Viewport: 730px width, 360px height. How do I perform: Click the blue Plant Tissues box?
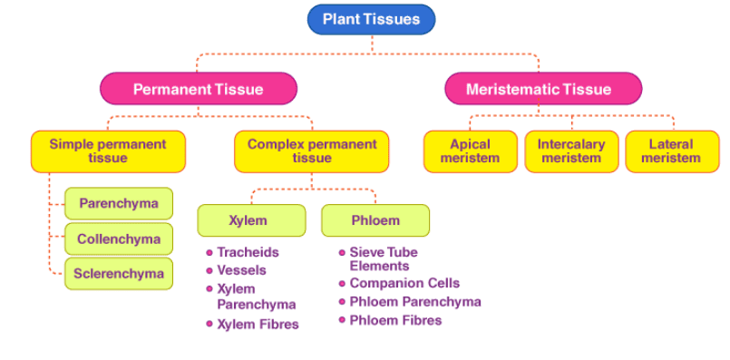pos(372,19)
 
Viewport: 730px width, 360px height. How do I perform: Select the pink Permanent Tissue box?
pos(198,89)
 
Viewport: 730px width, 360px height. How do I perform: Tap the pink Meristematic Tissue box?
pos(542,89)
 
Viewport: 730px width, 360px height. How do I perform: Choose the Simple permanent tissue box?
pos(108,151)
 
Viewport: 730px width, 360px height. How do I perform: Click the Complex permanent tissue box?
pos(312,151)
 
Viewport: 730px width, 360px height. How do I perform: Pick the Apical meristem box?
pos(470,151)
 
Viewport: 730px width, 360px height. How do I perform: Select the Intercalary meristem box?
pos(571,151)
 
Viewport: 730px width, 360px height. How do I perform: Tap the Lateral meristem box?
pos(671,151)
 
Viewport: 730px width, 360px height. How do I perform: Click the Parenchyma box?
pos(119,203)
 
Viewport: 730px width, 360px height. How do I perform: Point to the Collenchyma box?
pos(119,239)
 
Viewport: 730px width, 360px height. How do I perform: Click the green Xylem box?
pos(251,220)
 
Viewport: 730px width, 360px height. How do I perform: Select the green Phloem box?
pos(375,220)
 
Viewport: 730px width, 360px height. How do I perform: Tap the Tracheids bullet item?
pos(248,252)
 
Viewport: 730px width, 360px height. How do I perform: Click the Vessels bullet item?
pos(241,270)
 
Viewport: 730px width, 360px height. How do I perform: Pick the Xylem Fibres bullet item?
pos(258,324)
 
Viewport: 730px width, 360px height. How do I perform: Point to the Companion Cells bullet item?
pos(404,284)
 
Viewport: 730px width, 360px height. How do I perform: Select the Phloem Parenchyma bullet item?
pos(415,302)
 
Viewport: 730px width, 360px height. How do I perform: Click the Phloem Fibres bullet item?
pos(395,320)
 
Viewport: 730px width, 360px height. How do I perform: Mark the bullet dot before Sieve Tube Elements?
pos(342,253)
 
